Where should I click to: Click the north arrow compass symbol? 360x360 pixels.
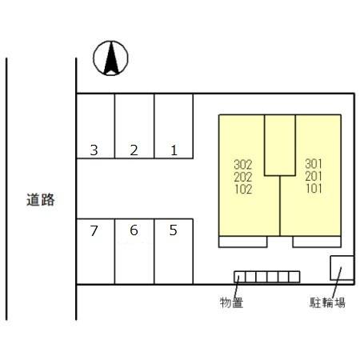[110, 58]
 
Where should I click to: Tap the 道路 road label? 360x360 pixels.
[41, 199]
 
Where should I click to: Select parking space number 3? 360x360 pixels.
[95, 126]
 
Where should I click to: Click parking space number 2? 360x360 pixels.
[134, 126]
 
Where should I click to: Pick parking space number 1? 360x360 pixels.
[174, 126]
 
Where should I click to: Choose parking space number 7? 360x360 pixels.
[95, 251]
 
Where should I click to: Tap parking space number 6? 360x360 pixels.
[134, 251]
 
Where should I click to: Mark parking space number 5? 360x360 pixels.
[174, 251]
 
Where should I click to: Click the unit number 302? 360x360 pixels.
[243, 165]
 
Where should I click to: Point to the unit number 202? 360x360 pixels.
[243, 177]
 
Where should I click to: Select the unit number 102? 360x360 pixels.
[243, 189]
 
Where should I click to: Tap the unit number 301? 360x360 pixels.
[314, 164]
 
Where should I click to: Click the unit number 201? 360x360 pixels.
[314, 176]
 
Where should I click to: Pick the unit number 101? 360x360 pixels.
[314, 188]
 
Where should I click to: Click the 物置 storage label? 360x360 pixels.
[231, 302]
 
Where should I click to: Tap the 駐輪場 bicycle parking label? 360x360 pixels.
[327, 302]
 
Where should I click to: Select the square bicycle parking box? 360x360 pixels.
[342, 268]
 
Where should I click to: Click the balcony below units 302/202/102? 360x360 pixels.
[243, 242]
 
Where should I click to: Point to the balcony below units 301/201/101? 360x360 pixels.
[317, 242]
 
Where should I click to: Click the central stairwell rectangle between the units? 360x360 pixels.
[280, 145]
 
